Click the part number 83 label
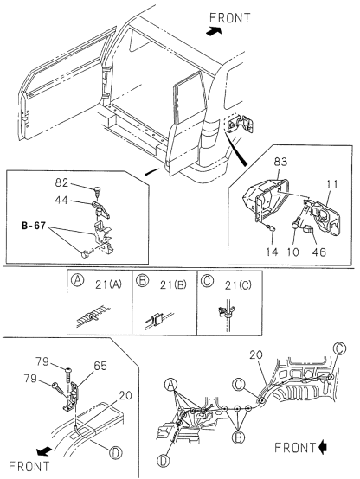tap(280, 162)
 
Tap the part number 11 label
tap(331, 184)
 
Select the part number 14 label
tap(272, 252)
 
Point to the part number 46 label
tap(319, 252)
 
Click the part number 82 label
tap(61, 182)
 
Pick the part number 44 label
tap(61, 200)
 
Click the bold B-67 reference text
tap(34, 226)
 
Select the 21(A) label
tap(108, 284)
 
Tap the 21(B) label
tap(173, 285)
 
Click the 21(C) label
tap(238, 285)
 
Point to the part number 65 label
tap(100, 366)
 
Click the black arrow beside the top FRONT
tap(214, 31)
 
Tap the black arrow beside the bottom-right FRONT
tap(323, 448)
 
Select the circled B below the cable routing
tap(238, 437)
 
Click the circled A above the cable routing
tap(170, 385)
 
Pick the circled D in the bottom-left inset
tap(116, 452)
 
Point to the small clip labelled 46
tap(309, 229)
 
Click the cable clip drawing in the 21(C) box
tap(227, 312)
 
